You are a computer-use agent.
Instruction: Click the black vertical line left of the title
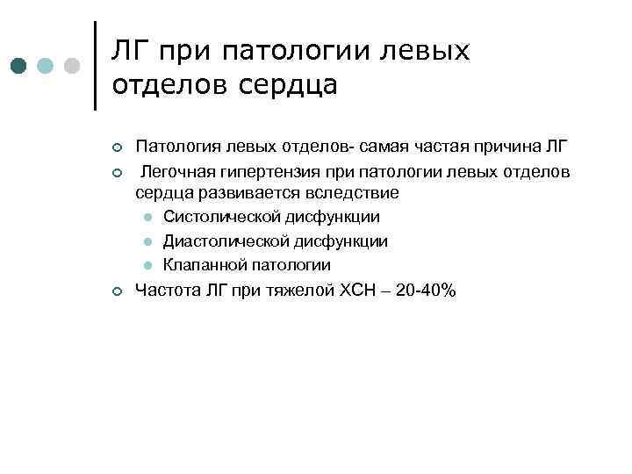point(94,66)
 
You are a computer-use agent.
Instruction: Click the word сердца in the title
point(287,86)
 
